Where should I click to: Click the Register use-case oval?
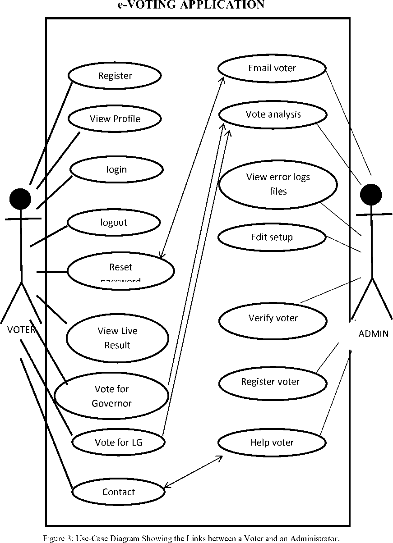pyautogui.click(x=115, y=76)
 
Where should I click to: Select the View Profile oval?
pyautogui.click(x=115, y=119)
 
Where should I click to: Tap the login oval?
pyautogui.click(x=116, y=170)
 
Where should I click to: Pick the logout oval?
pyautogui.click(x=114, y=223)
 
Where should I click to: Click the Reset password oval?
pyautogui.click(x=120, y=271)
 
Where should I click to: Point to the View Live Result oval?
pyautogui.click(x=117, y=338)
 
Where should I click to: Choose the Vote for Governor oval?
pyautogui.click(x=111, y=396)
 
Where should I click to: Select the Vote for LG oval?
pyautogui.click(x=118, y=442)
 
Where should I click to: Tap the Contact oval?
pyautogui.click(x=118, y=492)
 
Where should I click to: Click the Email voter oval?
pyautogui.click(x=272, y=68)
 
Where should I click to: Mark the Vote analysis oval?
pyautogui.click(x=273, y=114)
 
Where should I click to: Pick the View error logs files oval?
pyautogui.click(x=278, y=184)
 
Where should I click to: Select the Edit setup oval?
pyautogui.click(x=272, y=237)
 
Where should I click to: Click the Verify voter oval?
pyautogui.click(x=273, y=319)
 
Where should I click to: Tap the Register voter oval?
pyautogui.click(x=272, y=382)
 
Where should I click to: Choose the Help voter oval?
pyautogui.click(x=272, y=443)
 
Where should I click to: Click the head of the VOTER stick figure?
pyautogui.click(x=20, y=199)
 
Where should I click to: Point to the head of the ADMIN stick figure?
pyautogui.click(x=371, y=195)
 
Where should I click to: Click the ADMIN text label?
pyautogui.click(x=373, y=334)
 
